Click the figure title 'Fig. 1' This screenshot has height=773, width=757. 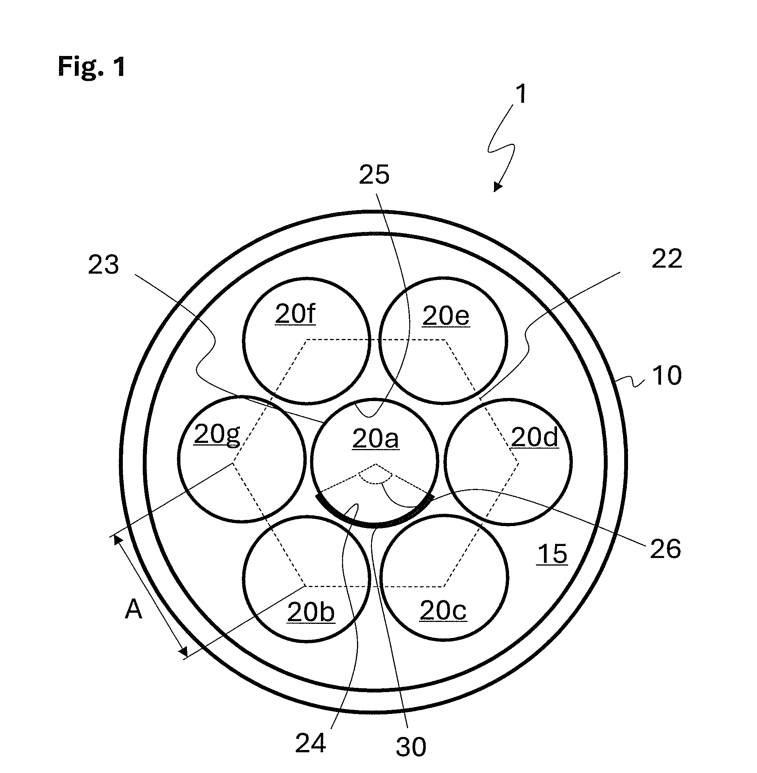[x=92, y=66]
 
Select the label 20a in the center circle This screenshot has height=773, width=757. [x=375, y=439]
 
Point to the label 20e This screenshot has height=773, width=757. [x=446, y=316]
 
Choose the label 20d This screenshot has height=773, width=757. [x=534, y=437]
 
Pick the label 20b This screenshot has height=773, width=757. [x=311, y=612]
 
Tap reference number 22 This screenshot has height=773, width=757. [x=667, y=258]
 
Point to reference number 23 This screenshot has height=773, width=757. [x=103, y=265]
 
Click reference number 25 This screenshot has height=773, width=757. [x=374, y=174]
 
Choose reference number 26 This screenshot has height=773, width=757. [x=666, y=549]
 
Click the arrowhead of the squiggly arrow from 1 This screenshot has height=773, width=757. [x=497, y=187]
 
